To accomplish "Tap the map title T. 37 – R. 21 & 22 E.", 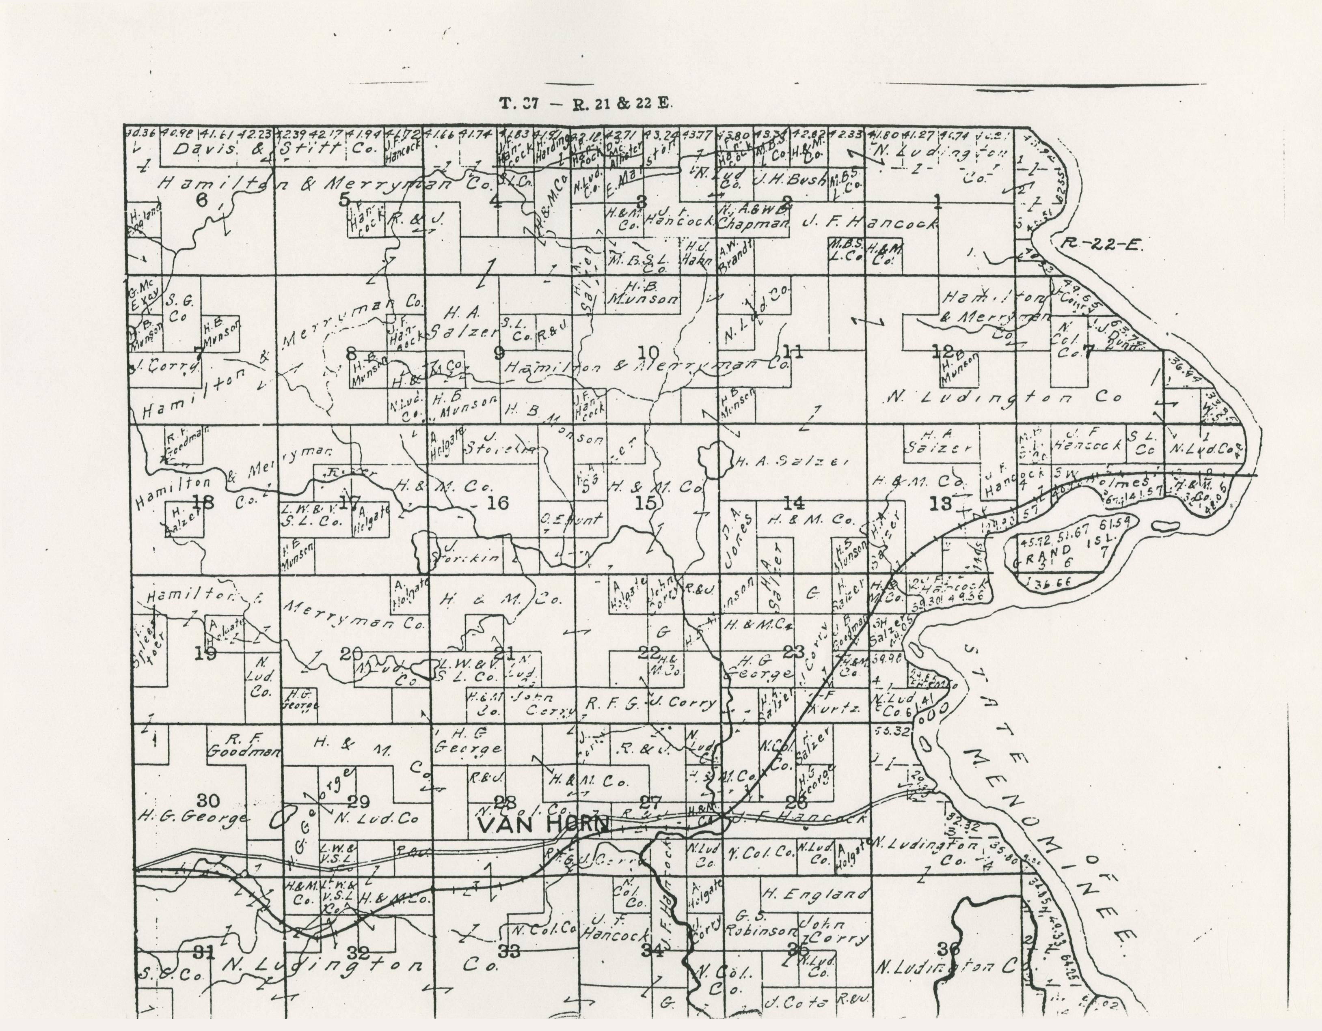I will tap(585, 103).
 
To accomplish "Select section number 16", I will tap(497, 502).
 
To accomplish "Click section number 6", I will tap(201, 200).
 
